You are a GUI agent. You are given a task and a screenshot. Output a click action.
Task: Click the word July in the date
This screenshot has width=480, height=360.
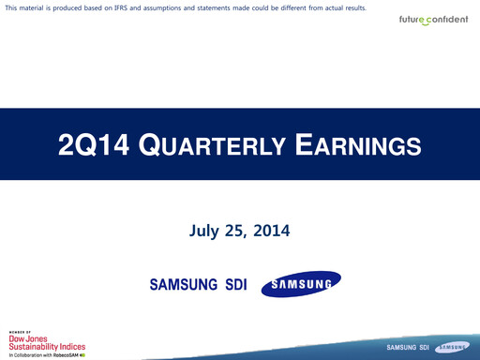click(206, 229)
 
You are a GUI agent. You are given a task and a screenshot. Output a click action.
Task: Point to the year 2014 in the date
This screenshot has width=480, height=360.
click(272, 229)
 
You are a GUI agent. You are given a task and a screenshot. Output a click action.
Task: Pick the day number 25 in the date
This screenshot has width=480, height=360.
click(238, 229)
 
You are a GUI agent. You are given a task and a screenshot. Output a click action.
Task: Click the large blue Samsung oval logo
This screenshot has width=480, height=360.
click(300, 284)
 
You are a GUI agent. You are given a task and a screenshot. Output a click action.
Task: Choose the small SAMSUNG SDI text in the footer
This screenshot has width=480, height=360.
click(407, 348)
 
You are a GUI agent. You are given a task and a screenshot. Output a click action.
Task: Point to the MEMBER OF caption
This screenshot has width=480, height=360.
click(20, 332)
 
